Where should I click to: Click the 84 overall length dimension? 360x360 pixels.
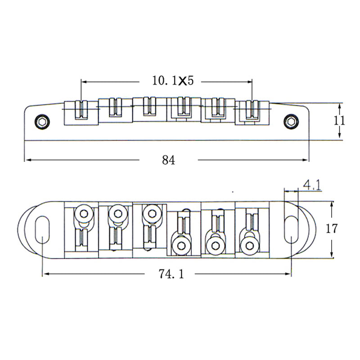pyautogui.click(x=168, y=160)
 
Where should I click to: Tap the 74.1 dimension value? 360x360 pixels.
pyautogui.click(x=171, y=274)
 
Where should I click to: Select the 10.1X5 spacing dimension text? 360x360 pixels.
pyautogui.click(x=173, y=81)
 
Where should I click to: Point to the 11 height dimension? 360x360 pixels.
pyautogui.click(x=339, y=121)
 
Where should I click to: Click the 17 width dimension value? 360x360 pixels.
pyautogui.click(x=332, y=229)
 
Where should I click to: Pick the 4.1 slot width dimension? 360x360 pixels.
pyautogui.click(x=312, y=185)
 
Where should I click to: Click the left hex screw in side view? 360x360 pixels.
pyautogui.click(x=42, y=121)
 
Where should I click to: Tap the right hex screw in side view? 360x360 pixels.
pyautogui.click(x=291, y=121)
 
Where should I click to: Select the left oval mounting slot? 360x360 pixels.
pyautogui.click(x=42, y=229)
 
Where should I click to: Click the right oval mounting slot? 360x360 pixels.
pyautogui.click(x=291, y=229)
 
